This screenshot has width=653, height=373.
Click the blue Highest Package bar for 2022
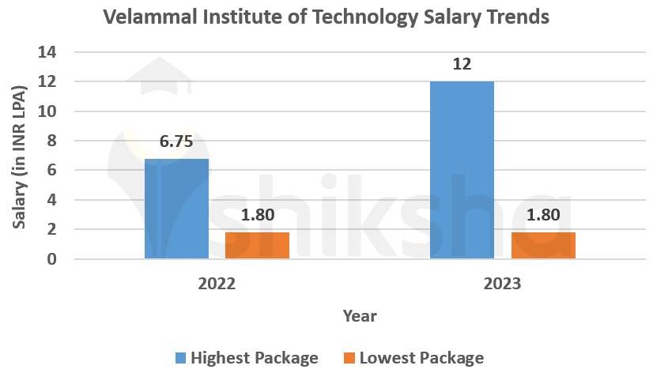click(x=176, y=209)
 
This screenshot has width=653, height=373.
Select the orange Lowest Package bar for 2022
click(x=257, y=245)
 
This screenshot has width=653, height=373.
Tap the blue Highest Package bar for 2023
click(x=462, y=170)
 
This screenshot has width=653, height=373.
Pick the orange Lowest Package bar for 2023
click(x=543, y=245)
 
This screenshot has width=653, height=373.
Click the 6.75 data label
click(x=176, y=143)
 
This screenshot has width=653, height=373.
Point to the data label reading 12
click(x=462, y=64)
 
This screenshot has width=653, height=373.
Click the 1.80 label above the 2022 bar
click(x=257, y=216)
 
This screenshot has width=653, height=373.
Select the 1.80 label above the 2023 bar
click(x=543, y=216)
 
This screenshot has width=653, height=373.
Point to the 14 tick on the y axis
click(x=48, y=52)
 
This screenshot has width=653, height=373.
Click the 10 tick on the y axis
click(x=48, y=111)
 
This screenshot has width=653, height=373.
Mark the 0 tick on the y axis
click(x=53, y=259)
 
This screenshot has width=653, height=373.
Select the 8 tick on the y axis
click(x=53, y=141)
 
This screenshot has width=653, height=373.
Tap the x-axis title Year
click(x=360, y=316)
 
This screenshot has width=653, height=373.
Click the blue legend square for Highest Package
click(x=180, y=358)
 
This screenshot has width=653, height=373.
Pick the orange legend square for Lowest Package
click(x=349, y=358)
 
